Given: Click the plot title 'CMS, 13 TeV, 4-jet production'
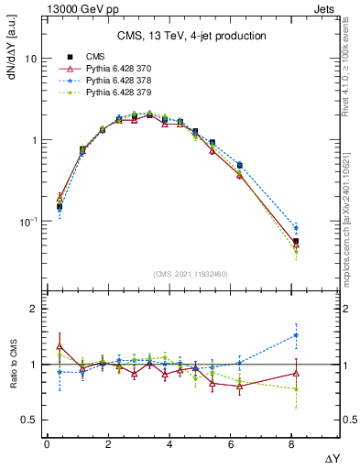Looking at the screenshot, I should [x=191, y=37].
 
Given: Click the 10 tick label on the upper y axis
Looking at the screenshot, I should [x=30, y=59].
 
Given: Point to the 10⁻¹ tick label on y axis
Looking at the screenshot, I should [x=28, y=222].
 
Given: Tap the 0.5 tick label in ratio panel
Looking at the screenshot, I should [x=28, y=420].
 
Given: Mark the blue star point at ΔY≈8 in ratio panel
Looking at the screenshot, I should [x=295, y=334].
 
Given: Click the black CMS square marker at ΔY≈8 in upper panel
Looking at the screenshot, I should [x=295, y=241].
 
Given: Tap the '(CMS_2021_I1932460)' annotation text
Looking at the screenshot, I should [x=190, y=272].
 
